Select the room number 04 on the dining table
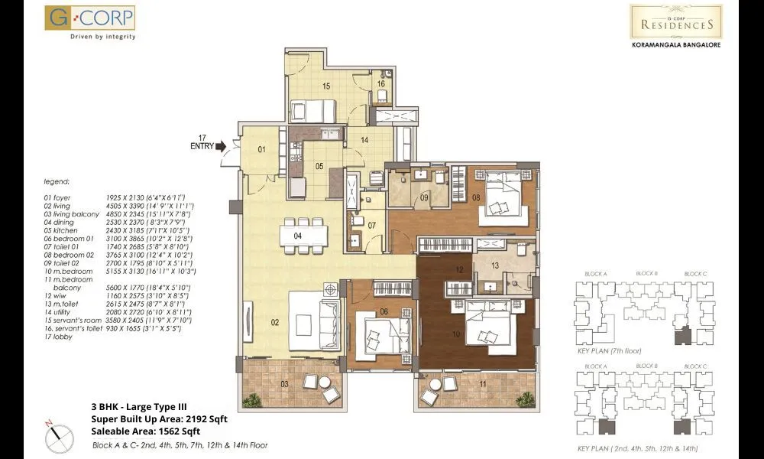click(299, 236)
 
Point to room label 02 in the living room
click(274, 323)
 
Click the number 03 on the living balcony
click(263, 382)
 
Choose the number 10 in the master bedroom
click(455, 334)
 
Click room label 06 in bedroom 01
click(384, 311)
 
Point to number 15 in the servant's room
click(325, 86)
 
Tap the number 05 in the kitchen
click(320, 166)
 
